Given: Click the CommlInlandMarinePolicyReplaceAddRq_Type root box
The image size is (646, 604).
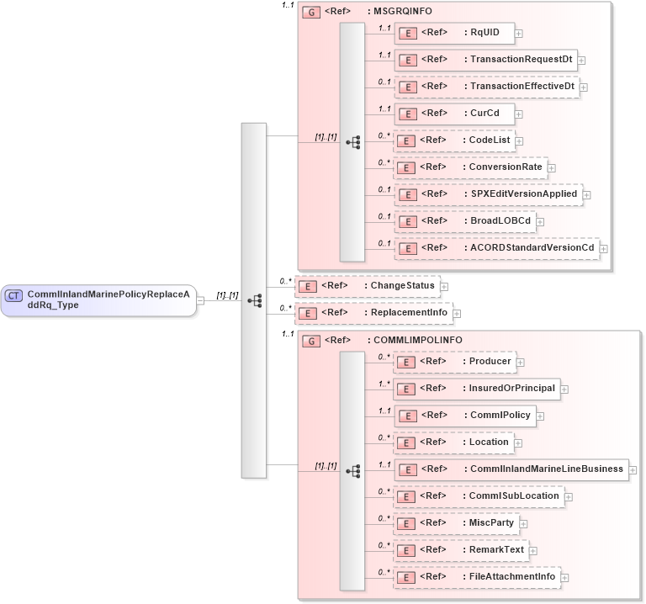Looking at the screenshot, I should pos(98,299).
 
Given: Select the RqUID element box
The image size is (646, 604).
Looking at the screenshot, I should pos(454,33).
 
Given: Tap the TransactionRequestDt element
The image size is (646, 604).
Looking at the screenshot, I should pos(485,60).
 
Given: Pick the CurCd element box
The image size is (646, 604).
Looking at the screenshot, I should pos(454,113).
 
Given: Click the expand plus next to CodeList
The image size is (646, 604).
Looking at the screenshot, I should pos(519,141).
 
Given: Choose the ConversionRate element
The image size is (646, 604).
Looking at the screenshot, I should pos(470,167).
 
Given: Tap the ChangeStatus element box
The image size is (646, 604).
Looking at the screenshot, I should pos(367,286).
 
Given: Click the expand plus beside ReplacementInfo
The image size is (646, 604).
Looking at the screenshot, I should pos(458,314).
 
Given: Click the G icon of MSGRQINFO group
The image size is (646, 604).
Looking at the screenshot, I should pos(310,13).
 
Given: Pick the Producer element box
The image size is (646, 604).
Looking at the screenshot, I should pos(454,361).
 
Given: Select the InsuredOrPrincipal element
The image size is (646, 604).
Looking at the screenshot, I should pos(477,388).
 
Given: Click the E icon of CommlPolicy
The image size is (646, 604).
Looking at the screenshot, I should pos(406,416).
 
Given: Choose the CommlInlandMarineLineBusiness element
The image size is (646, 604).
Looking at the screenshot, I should pos(511,469).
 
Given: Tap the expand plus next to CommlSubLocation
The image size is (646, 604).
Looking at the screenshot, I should pos(569,496).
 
